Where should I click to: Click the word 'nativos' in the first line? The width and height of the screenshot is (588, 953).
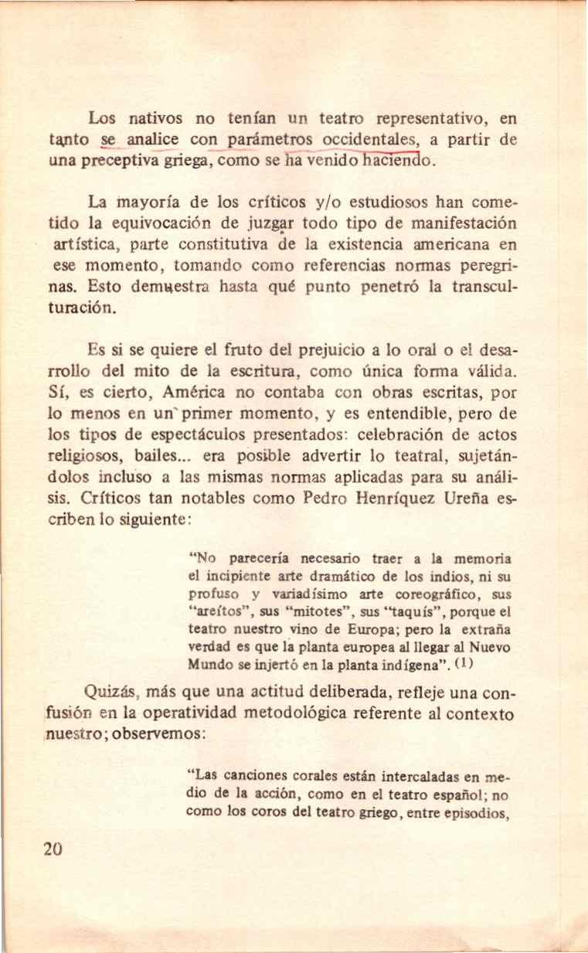[156, 120]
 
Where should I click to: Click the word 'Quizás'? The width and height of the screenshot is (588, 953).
[108, 690]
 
